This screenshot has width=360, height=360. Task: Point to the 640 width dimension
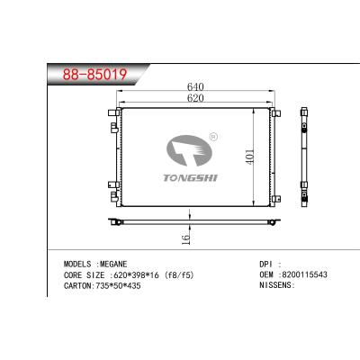click(x=194, y=87)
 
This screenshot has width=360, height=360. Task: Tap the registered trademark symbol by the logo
click(x=212, y=137)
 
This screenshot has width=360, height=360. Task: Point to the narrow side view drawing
click(x=303, y=154)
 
